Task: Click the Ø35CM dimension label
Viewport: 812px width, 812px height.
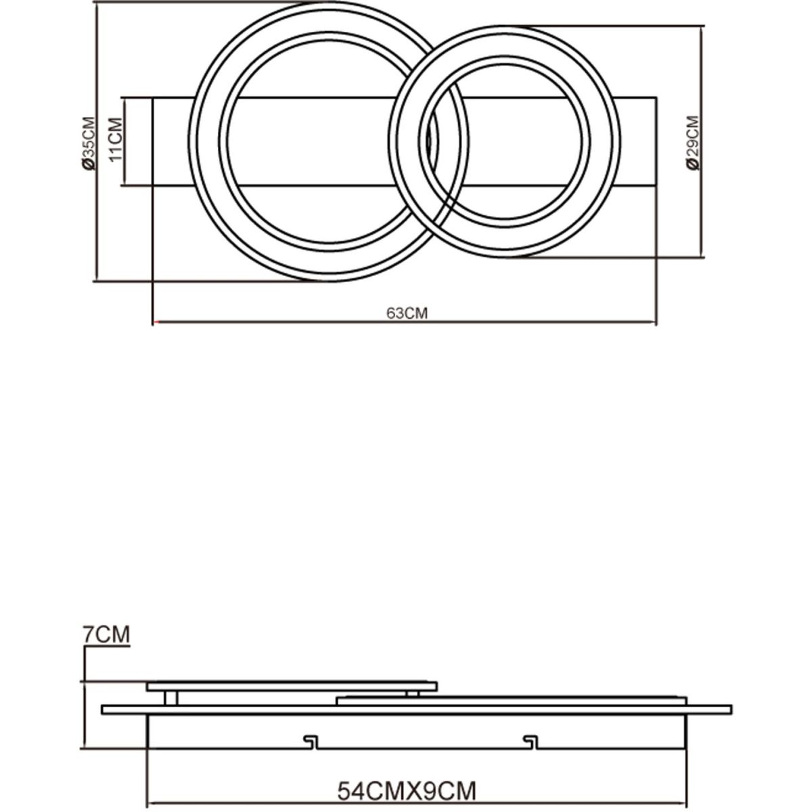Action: tap(89, 143)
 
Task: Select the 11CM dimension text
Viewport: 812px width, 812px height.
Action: tap(116, 139)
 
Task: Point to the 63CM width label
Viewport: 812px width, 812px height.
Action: tap(407, 313)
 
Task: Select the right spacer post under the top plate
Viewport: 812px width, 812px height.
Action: tap(413, 694)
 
